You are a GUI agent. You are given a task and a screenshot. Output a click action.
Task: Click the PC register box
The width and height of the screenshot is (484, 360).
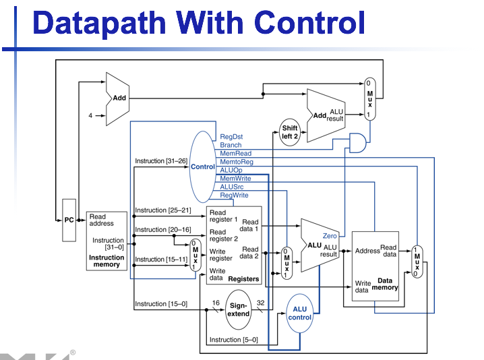coord(69,220)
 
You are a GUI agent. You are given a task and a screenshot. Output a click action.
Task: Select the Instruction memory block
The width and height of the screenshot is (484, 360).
coord(107,241)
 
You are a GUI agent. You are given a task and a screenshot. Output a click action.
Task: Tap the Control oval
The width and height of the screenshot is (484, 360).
coord(202,167)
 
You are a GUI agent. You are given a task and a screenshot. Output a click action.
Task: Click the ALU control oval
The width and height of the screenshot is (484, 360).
coord(299,313)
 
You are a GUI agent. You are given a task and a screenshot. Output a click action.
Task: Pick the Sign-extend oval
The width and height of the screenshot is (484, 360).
coord(238,309)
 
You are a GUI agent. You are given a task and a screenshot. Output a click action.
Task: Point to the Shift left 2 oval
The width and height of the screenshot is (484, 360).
coord(290,132)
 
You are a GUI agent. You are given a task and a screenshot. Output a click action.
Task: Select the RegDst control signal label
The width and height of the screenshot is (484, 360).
coord(231,137)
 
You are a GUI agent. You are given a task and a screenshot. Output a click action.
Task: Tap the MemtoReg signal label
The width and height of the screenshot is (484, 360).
coord(237,162)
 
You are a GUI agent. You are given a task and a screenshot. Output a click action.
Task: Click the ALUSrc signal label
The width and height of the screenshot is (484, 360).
coord(233,187)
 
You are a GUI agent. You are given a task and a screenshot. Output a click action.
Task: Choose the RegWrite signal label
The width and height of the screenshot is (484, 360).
coord(235,196)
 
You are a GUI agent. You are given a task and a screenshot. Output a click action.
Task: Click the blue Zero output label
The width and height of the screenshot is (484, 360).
coord(330,236)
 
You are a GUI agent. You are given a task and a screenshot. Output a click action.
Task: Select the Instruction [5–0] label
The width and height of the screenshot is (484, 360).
coord(233,340)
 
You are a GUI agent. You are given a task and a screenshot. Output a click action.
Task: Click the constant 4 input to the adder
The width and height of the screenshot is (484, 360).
coord(90,116)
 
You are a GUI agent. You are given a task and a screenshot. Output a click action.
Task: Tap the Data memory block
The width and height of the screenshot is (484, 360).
coord(375,266)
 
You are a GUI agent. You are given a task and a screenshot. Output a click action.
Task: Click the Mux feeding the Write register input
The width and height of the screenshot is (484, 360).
coord(195,256)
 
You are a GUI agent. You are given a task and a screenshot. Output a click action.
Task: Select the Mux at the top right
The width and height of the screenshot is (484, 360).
coord(369,99)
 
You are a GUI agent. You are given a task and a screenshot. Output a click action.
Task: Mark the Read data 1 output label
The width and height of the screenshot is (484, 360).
coord(250,225)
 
